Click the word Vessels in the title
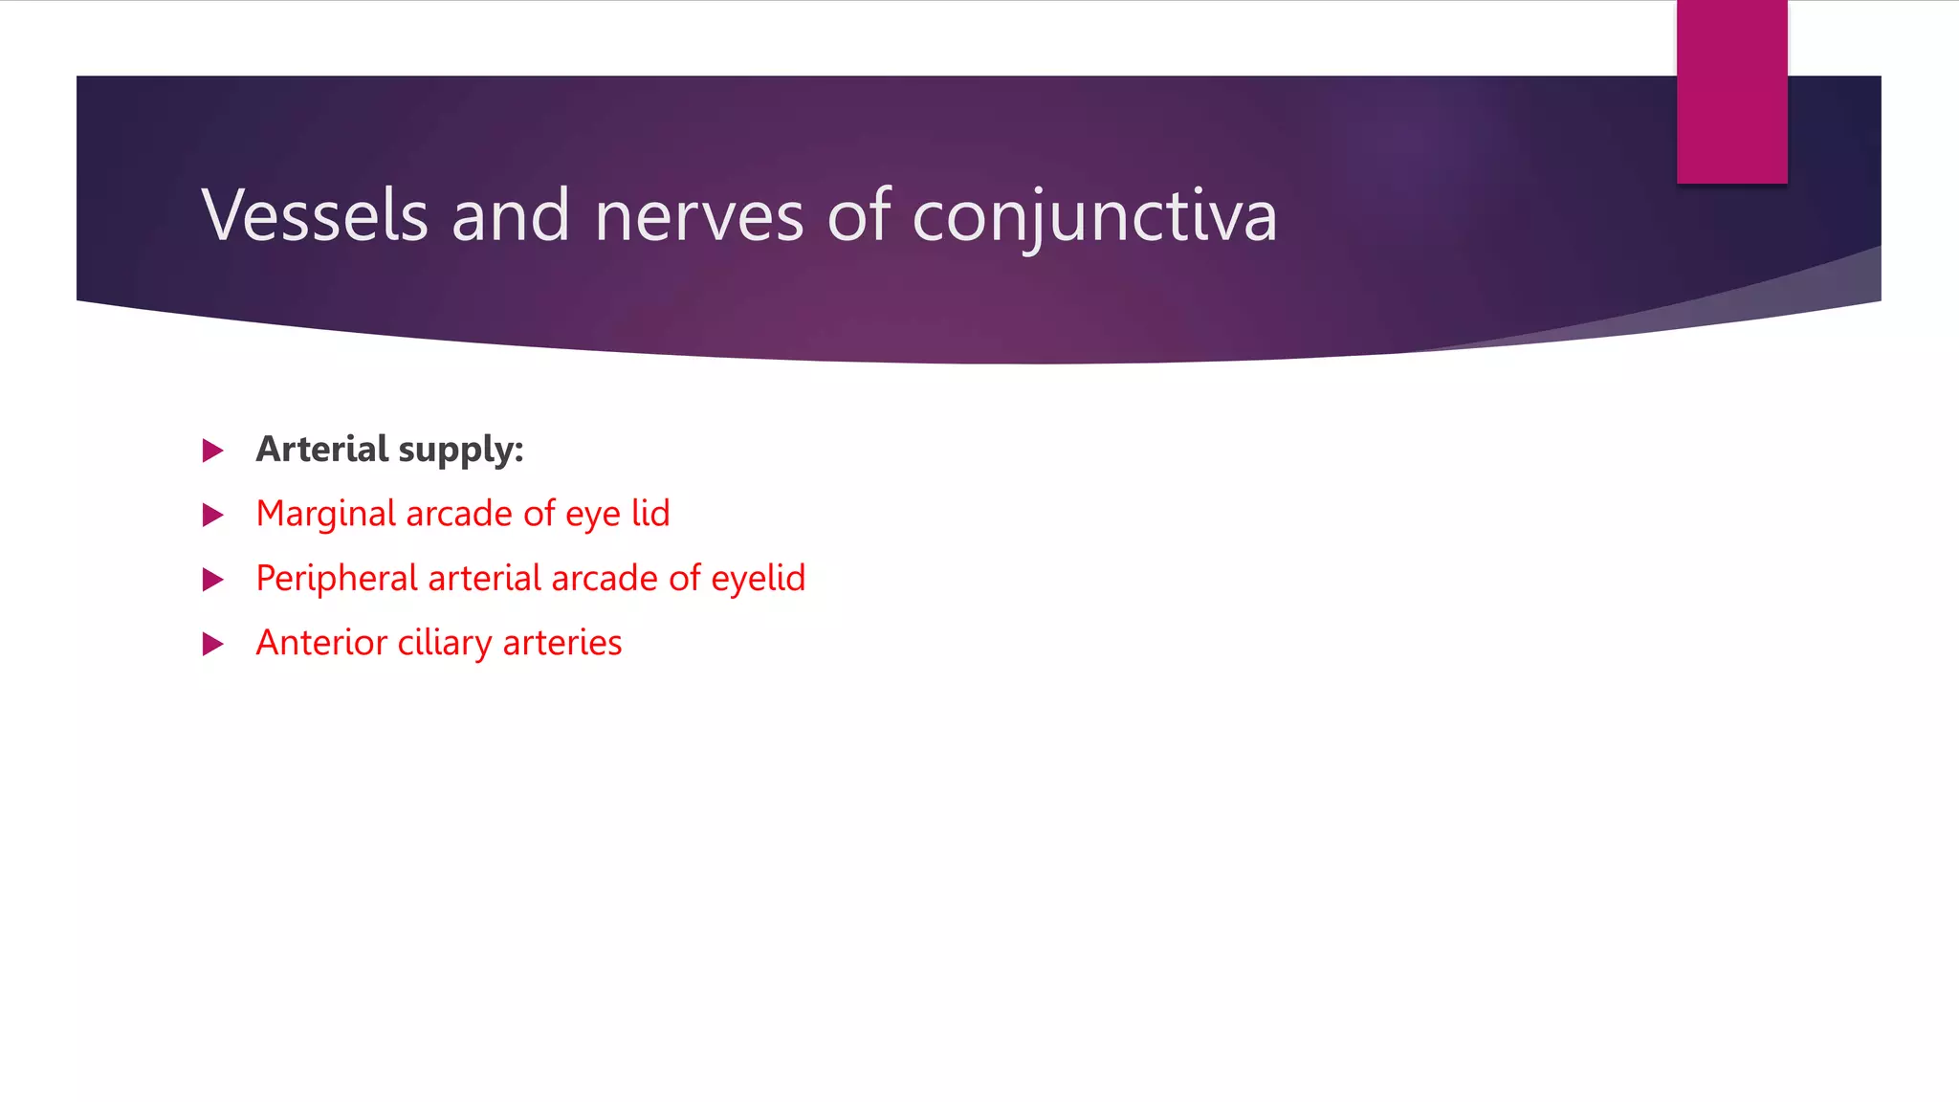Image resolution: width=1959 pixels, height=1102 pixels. coord(314,215)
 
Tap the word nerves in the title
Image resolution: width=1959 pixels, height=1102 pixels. coord(698,217)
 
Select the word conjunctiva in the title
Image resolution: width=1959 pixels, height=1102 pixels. coord(1094,217)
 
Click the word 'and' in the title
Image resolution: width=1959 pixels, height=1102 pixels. coord(510,215)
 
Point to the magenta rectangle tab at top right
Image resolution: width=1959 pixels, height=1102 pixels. coord(1731,91)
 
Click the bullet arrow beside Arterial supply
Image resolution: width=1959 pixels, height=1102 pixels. coord(212,451)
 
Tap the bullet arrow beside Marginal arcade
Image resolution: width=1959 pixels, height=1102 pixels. coord(212,516)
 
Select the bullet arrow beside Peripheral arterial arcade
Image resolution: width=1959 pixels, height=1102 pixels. coord(212,580)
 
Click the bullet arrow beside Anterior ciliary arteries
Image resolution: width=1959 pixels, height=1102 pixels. coord(212,644)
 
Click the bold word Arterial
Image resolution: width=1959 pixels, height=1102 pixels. coord(321,449)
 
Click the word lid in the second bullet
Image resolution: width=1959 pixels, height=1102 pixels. coord(650,514)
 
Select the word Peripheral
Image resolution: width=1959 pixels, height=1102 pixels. coord(337,579)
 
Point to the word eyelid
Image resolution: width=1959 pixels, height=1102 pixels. coord(758,579)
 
